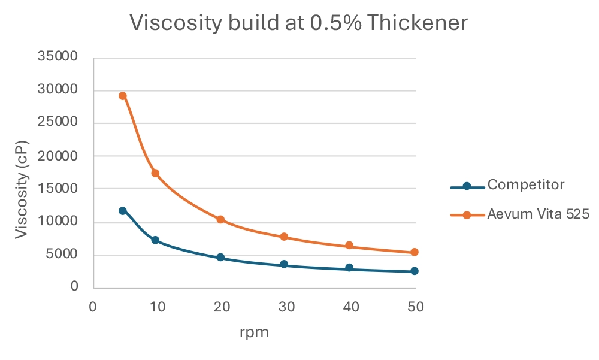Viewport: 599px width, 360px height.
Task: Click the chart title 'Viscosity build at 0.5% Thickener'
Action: (298, 23)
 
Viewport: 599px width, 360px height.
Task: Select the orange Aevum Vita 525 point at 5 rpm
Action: (123, 96)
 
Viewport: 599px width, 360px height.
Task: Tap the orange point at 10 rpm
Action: (155, 173)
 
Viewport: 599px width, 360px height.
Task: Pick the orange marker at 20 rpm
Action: (220, 220)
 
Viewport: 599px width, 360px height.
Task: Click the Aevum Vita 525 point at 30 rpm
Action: (285, 237)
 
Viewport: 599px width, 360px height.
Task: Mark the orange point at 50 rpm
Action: (414, 252)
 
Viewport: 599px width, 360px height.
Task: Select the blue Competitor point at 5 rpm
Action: (123, 211)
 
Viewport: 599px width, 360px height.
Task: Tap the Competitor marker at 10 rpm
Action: (155, 240)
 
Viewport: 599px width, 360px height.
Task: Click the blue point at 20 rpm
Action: (220, 258)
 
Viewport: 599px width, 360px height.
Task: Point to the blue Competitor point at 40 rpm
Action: (349, 268)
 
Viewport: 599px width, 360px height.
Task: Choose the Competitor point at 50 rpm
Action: (414, 271)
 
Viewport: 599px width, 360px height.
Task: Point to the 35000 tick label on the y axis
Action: (58, 57)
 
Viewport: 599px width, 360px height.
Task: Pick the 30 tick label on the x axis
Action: (286, 307)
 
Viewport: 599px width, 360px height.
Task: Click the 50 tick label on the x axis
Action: (416, 307)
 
